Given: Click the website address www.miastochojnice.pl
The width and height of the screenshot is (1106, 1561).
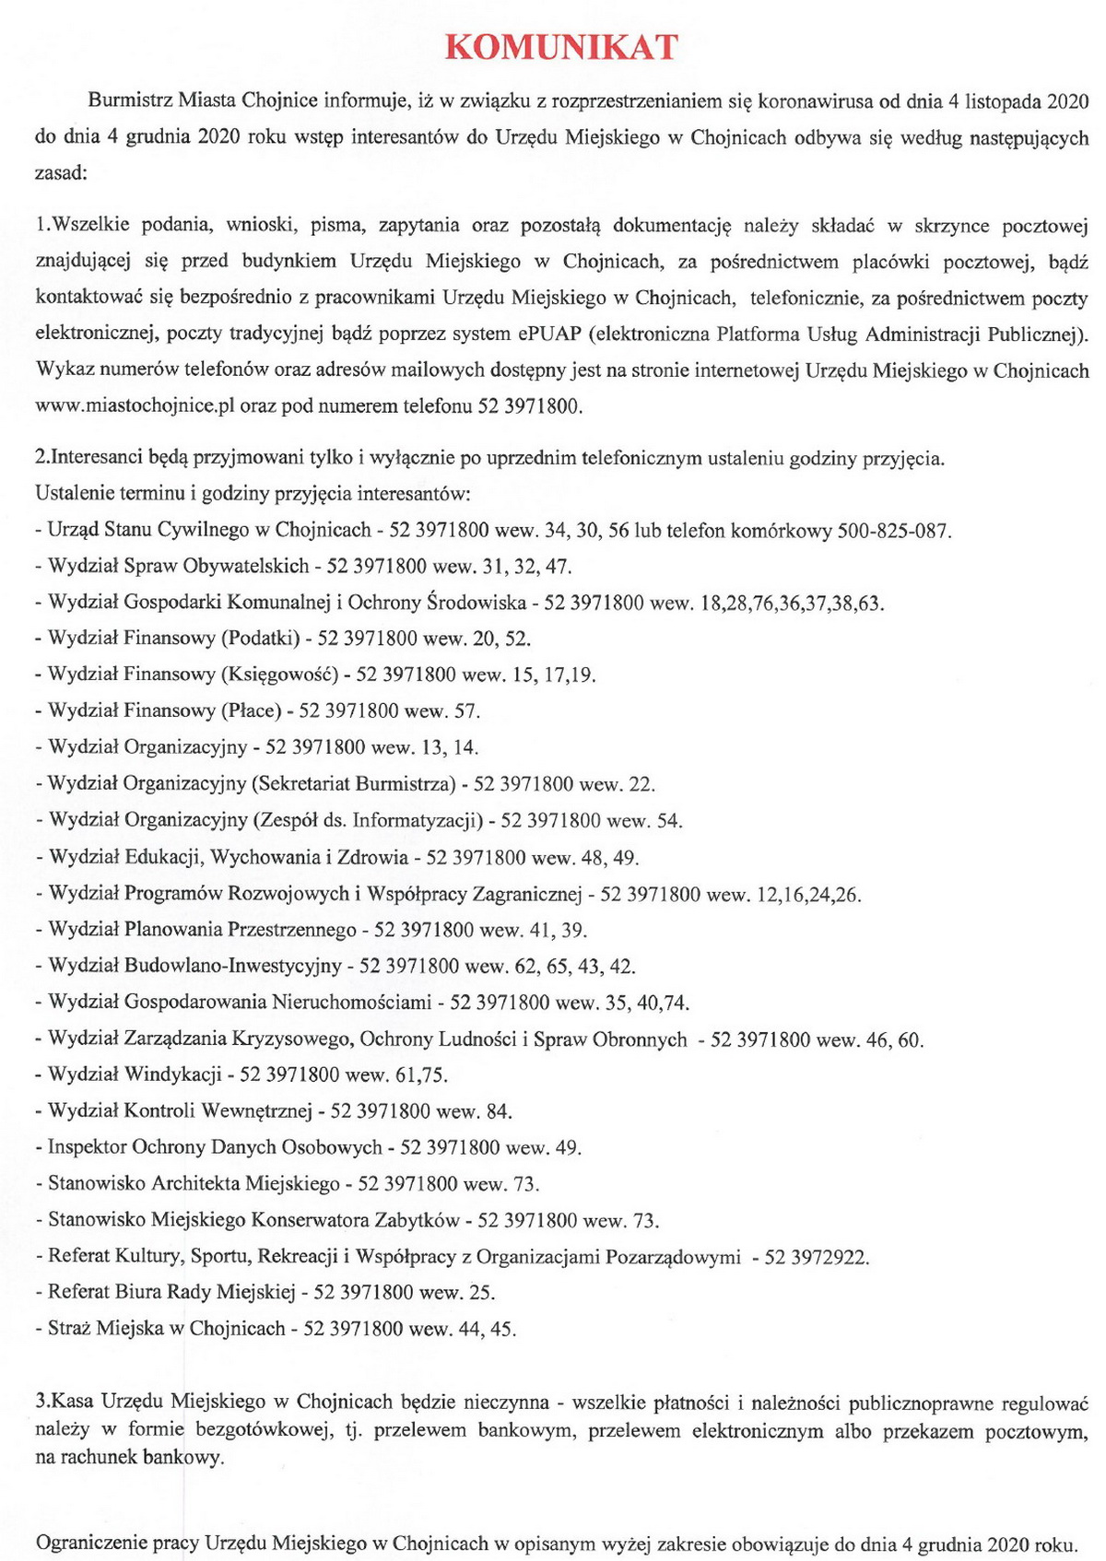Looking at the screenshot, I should (x=133, y=406).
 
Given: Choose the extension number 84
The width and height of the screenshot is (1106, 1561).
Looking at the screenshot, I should (x=498, y=1111).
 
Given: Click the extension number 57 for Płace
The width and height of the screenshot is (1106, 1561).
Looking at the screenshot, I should (x=466, y=710).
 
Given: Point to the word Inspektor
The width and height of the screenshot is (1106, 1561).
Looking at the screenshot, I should (x=88, y=1147).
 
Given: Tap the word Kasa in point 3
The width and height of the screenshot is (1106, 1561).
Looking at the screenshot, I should (x=75, y=1403).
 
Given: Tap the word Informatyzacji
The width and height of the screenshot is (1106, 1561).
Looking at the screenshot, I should (x=418, y=820).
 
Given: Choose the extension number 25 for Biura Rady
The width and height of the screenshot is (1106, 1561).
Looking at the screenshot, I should (x=481, y=1292).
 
